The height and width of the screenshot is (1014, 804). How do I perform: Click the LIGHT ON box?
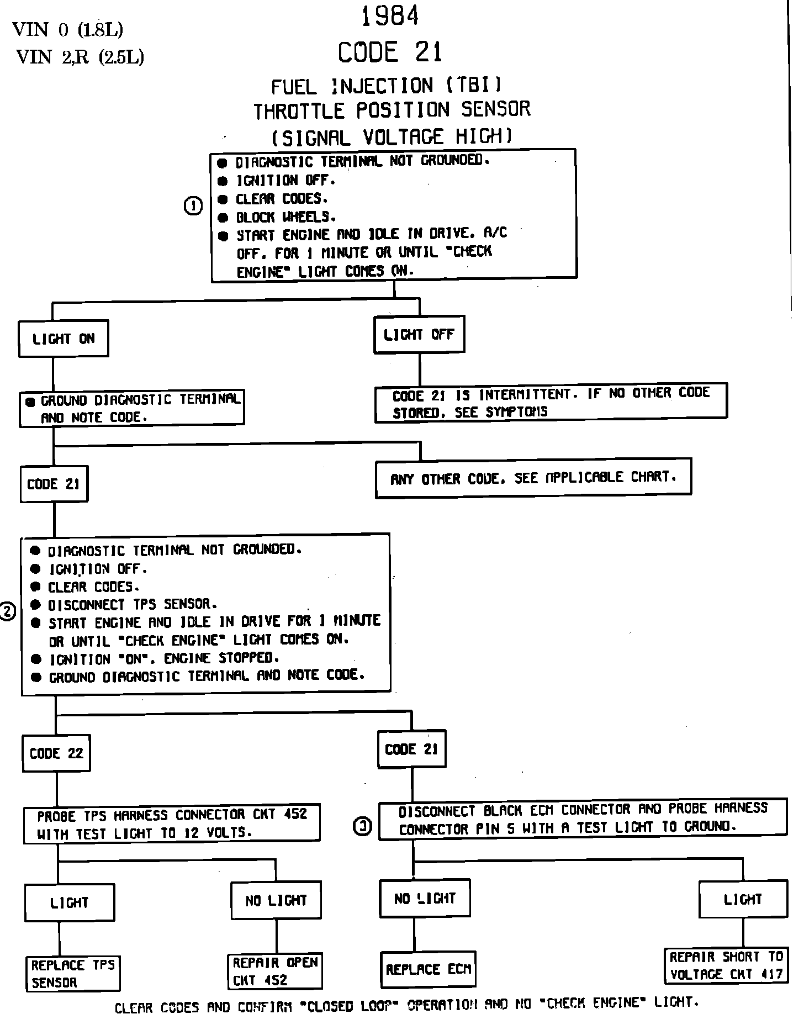coord(64,339)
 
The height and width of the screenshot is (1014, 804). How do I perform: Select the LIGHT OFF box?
coord(419,334)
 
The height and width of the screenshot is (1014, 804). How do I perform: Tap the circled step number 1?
coord(193,206)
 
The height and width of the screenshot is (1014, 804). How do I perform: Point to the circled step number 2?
coord(7,611)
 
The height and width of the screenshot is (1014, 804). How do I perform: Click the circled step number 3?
coord(362,826)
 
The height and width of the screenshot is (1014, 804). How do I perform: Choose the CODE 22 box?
coord(56,753)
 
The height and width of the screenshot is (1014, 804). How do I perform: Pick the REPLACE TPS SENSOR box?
coord(73,974)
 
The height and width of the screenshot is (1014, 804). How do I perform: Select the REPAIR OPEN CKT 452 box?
coord(275,971)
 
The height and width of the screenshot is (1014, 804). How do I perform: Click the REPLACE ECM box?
coord(428,969)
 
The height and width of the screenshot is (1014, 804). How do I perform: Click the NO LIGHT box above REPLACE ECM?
coord(425,899)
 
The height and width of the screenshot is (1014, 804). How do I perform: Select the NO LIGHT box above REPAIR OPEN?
coord(276,900)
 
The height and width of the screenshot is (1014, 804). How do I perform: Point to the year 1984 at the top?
coord(390,17)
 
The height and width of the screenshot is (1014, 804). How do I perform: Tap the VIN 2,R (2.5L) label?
coord(80,57)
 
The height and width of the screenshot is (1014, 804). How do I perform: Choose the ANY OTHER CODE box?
coord(533,478)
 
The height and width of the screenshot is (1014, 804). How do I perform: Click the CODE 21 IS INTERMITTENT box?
coord(551,402)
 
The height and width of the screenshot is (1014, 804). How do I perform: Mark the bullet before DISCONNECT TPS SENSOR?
coord(36,605)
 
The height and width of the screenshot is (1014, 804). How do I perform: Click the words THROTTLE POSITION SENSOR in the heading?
coord(392,110)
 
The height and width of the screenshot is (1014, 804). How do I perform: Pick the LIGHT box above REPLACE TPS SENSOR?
coord(70,902)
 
